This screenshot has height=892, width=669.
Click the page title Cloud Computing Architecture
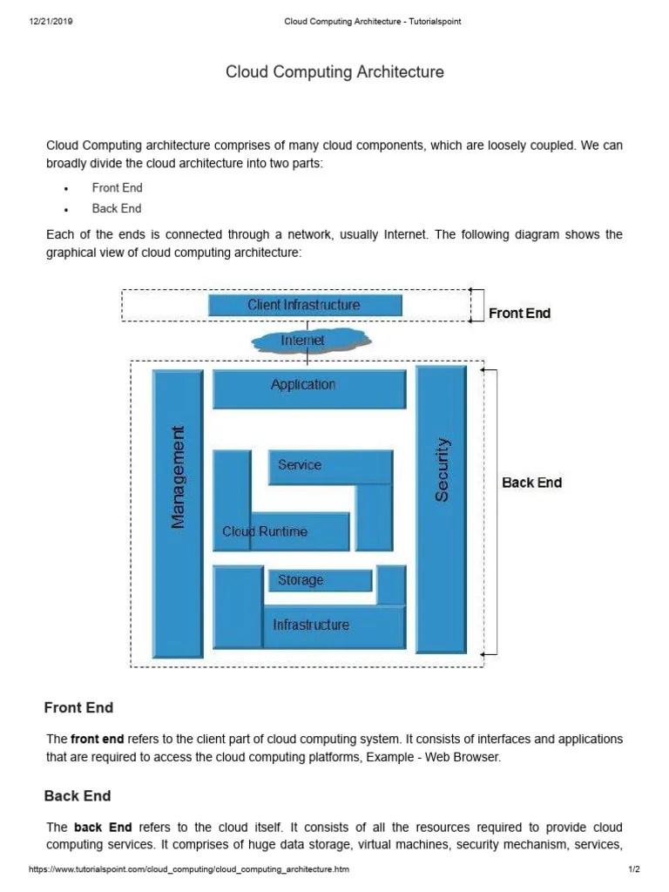[334, 72]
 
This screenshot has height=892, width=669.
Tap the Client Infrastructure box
[305, 305]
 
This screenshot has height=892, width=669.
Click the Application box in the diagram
[308, 389]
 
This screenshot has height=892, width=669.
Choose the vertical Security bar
[442, 469]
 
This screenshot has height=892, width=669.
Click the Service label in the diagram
[300, 465]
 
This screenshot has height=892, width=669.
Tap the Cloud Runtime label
[265, 531]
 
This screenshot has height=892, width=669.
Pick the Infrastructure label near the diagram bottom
[311, 625]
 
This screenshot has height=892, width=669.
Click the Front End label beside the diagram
[519, 314]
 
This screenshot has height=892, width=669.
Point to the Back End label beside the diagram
[531, 483]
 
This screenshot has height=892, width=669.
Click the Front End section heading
[78, 707]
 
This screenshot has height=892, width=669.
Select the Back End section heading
[78, 795]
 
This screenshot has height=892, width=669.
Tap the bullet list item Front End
[117, 187]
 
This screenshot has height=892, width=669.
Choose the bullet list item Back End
[117, 208]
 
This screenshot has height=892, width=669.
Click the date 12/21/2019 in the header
[51, 22]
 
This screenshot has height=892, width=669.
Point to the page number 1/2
[633, 870]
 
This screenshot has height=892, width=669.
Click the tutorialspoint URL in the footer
[190, 870]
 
